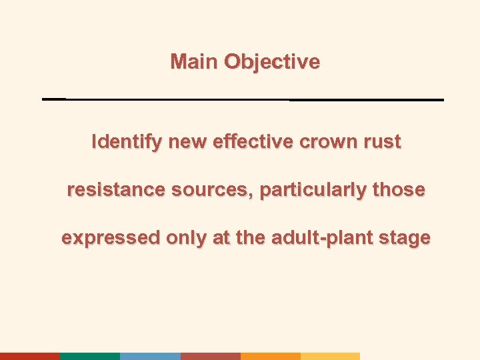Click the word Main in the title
point(195,62)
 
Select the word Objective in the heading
point(272,62)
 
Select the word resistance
point(117,190)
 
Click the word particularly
point(313,190)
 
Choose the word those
point(398,190)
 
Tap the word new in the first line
point(187,142)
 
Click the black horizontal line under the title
point(243,99)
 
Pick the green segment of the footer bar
point(90,356)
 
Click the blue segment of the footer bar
point(150,356)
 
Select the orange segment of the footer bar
point(270,356)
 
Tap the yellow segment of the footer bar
point(330,356)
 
